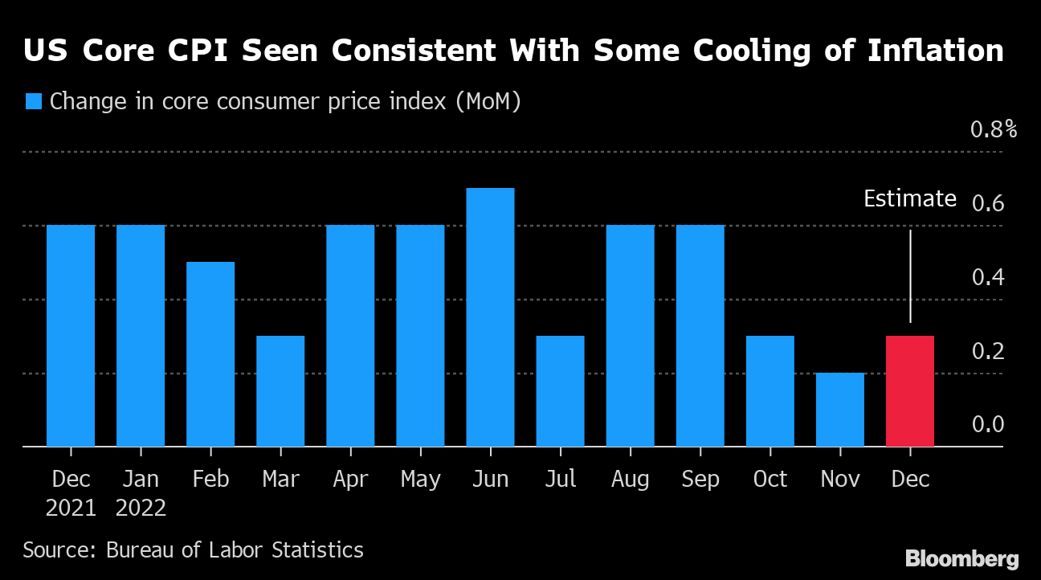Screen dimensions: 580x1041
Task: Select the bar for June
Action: click(x=490, y=317)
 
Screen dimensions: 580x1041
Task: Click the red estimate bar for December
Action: click(x=910, y=391)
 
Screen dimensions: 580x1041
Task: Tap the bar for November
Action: click(x=840, y=410)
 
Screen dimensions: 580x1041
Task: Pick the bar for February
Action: click(x=210, y=354)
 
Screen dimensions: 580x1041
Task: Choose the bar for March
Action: click(x=280, y=391)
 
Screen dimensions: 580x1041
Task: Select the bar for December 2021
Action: click(x=71, y=336)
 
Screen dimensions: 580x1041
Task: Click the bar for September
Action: click(x=700, y=336)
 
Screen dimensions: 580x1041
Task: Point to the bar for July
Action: click(x=560, y=391)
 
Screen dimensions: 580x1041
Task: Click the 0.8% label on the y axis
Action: click(x=994, y=129)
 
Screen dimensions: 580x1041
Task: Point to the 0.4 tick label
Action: click(x=988, y=278)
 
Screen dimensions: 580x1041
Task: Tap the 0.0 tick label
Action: click(x=988, y=425)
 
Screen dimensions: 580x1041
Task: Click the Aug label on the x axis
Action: click(x=630, y=480)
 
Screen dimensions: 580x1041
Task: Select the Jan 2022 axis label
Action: click(x=141, y=493)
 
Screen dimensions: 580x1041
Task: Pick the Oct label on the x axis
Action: click(x=770, y=480)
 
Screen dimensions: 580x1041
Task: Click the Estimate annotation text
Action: click(x=910, y=199)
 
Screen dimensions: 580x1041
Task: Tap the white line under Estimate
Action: click(x=910, y=277)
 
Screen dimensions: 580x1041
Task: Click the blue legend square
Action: click(x=34, y=102)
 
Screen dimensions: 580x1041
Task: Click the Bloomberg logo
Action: click(x=961, y=559)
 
